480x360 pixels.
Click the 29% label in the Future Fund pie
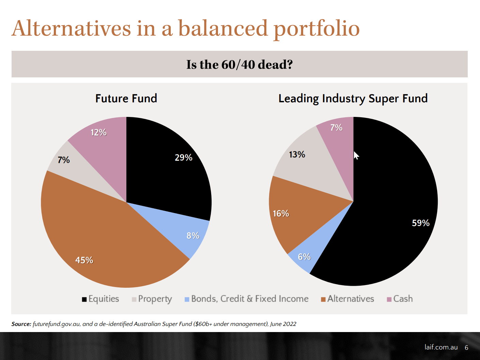184,157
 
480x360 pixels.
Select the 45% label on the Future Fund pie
84,260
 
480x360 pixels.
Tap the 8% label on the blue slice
193,236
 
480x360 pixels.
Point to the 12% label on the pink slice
98,132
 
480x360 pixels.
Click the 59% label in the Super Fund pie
421,223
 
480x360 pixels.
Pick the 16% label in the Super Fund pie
281,213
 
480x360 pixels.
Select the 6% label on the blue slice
304,257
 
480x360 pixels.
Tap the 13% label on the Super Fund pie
297,154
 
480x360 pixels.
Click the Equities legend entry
100,299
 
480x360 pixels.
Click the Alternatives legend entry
347,299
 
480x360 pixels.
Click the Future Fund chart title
126,99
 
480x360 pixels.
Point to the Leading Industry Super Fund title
353,99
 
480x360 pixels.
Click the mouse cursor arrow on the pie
356,155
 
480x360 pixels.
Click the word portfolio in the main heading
316,29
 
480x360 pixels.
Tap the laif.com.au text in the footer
441,347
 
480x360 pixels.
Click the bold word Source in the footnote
21,324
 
